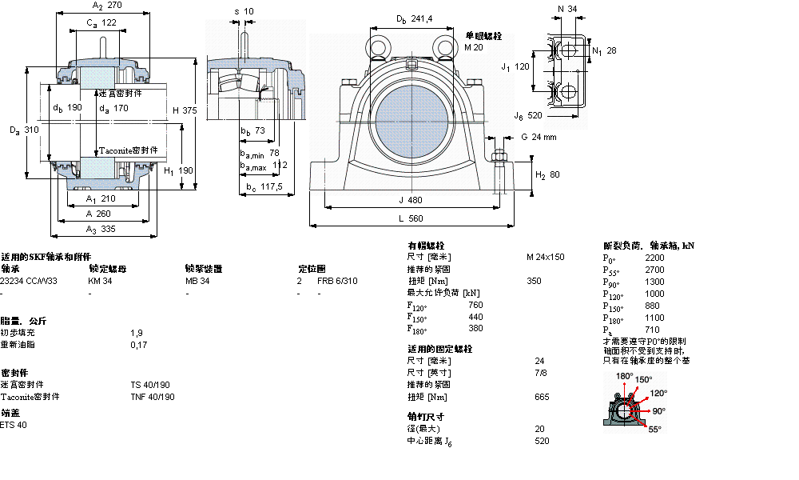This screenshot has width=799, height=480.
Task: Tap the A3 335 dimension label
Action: pos(102,230)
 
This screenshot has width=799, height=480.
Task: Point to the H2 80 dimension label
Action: pos(547,174)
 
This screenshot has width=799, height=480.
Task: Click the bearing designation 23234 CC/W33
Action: pos(29,281)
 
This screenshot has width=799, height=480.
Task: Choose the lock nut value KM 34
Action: pos(100,281)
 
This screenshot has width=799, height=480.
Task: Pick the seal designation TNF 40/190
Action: pos(153,397)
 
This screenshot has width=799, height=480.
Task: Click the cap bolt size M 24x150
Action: pos(545,257)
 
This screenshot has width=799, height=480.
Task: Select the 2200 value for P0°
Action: pos(654,258)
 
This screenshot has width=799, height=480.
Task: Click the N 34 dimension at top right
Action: pos(566,9)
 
